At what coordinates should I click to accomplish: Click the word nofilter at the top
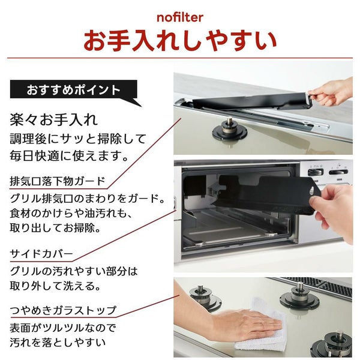(x=180, y=17)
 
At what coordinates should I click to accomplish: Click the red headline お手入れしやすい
(x=180, y=41)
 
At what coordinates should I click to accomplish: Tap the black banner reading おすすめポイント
(x=73, y=89)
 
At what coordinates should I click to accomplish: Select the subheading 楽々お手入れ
(x=54, y=120)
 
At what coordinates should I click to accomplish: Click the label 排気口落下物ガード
(x=58, y=181)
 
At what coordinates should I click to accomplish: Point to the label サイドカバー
(x=41, y=254)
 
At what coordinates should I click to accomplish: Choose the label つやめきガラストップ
(x=63, y=310)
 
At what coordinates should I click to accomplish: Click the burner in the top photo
(x=229, y=130)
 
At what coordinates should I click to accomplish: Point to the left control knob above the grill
(x=316, y=172)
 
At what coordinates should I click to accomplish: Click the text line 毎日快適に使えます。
(x=69, y=156)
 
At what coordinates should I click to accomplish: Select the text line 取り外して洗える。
(x=55, y=286)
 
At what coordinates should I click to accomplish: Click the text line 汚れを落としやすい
(x=58, y=343)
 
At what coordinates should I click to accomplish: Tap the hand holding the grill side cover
(x=333, y=211)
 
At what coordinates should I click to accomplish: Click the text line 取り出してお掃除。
(x=55, y=228)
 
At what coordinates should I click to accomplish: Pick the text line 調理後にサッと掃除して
(x=78, y=139)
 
